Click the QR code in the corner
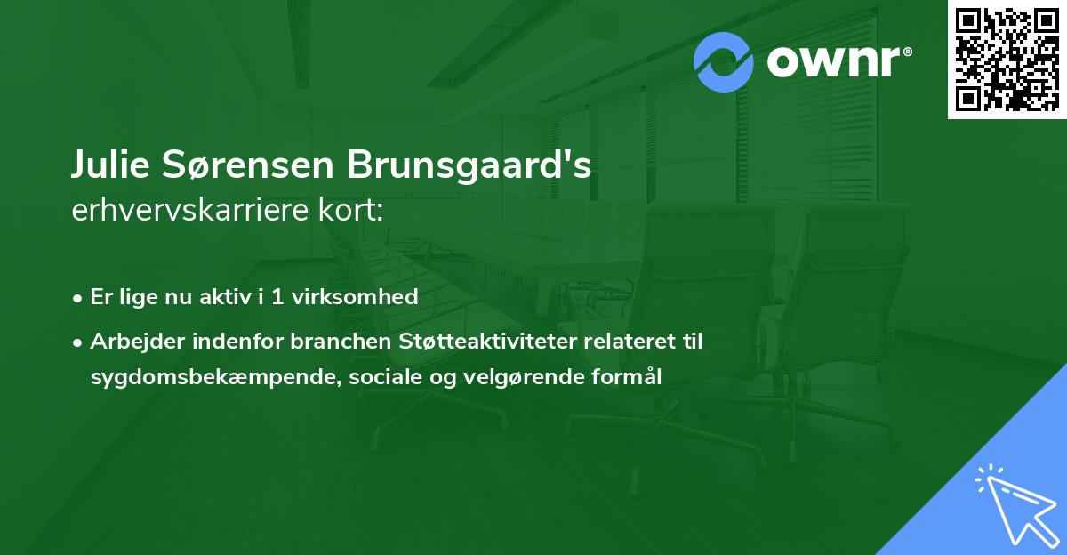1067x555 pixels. click(x=1007, y=60)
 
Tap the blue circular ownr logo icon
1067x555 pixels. click(x=723, y=62)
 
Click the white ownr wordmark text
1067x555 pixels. click(x=833, y=61)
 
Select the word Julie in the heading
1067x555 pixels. click(x=110, y=165)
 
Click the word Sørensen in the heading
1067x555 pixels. click(x=248, y=165)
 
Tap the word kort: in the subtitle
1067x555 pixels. click(x=350, y=210)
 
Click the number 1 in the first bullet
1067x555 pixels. click(x=277, y=297)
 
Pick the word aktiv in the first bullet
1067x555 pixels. click(x=225, y=297)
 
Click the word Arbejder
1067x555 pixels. click(x=137, y=342)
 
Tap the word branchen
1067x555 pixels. click(x=341, y=342)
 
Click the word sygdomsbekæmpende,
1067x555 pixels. click(x=216, y=377)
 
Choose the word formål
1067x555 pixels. click(x=626, y=377)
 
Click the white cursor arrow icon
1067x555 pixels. click(x=1017, y=506)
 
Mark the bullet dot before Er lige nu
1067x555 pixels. click(x=77, y=299)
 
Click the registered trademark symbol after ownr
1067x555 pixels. click(x=907, y=52)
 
